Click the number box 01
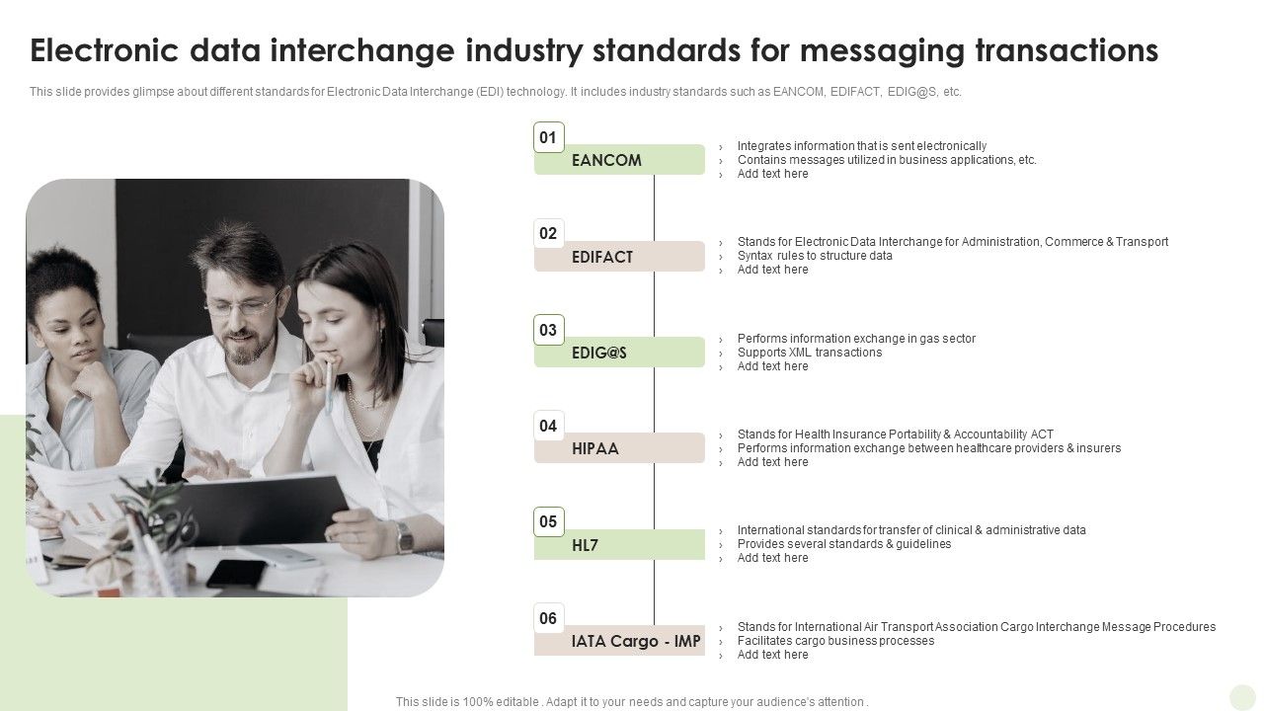click(548, 137)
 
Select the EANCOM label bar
click(619, 160)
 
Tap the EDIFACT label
click(619, 257)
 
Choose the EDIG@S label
click(619, 353)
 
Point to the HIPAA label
click(619, 448)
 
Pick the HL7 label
click(619, 545)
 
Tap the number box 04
click(548, 426)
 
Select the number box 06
click(548, 618)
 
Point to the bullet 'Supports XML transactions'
click(810, 353)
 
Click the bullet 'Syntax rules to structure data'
click(815, 256)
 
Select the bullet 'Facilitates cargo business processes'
click(835, 641)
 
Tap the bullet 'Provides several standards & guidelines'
click(844, 544)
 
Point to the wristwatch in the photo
click(404, 538)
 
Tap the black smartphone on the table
click(236, 573)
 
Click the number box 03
click(548, 330)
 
